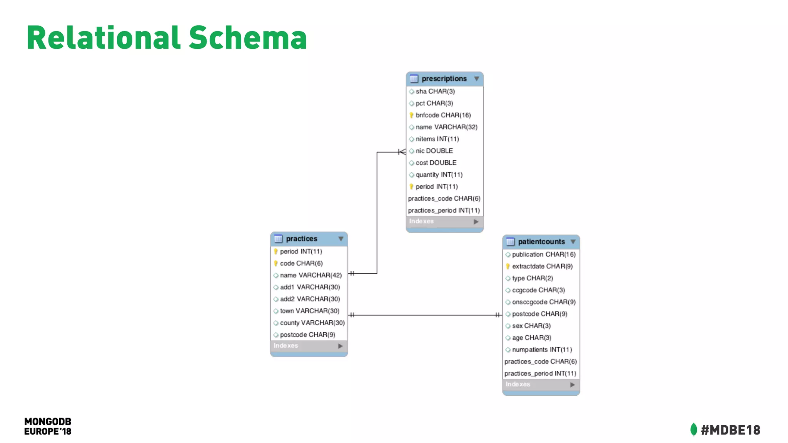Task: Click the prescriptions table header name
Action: point(444,79)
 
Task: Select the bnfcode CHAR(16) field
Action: point(443,115)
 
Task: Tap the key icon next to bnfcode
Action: point(411,115)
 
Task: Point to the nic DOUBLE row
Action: point(434,151)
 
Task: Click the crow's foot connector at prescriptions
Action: point(402,152)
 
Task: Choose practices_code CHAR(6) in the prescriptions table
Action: point(444,198)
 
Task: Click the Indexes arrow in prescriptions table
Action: point(476,221)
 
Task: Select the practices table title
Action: point(302,239)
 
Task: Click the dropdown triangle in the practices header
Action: point(341,239)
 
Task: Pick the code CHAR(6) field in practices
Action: point(301,263)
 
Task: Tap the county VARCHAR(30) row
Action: point(312,323)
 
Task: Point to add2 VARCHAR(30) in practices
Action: point(310,299)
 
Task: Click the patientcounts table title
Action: point(541,242)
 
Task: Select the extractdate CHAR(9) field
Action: point(542,266)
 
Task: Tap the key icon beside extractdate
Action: point(508,266)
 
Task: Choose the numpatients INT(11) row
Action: point(542,350)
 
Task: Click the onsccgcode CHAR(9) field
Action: point(544,302)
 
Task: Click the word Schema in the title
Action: point(248,38)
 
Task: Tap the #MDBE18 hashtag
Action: point(730,430)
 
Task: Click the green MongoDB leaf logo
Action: point(693,430)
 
